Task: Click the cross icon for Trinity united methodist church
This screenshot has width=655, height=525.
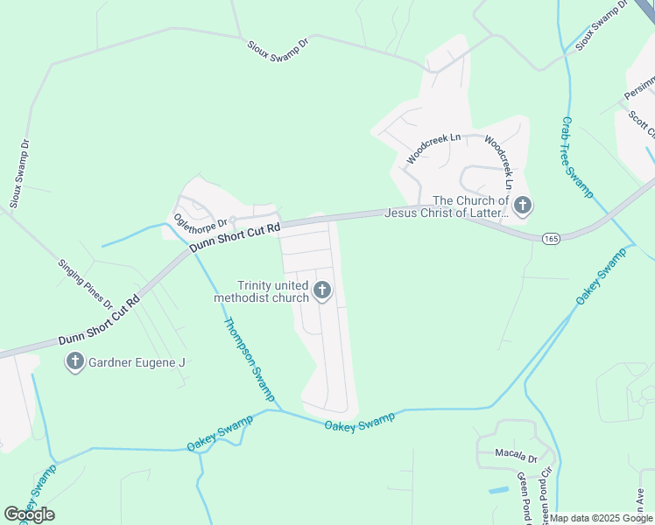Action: click(x=322, y=290)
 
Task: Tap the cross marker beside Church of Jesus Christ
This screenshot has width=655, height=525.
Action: click(x=522, y=206)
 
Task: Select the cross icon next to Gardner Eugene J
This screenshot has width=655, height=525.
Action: click(x=75, y=360)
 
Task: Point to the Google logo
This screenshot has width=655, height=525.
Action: click(x=29, y=514)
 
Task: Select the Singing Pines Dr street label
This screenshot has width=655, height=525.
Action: click(x=86, y=283)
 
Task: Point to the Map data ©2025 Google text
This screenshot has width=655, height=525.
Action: click(x=601, y=518)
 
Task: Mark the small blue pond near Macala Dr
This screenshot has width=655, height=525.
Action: click(x=498, y=488)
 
